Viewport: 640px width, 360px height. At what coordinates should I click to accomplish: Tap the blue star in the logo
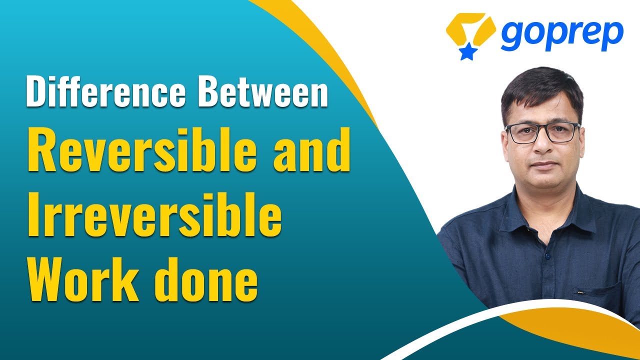click(x=467, y=51)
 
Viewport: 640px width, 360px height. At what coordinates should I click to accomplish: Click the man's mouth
click(x=544, y=165)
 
